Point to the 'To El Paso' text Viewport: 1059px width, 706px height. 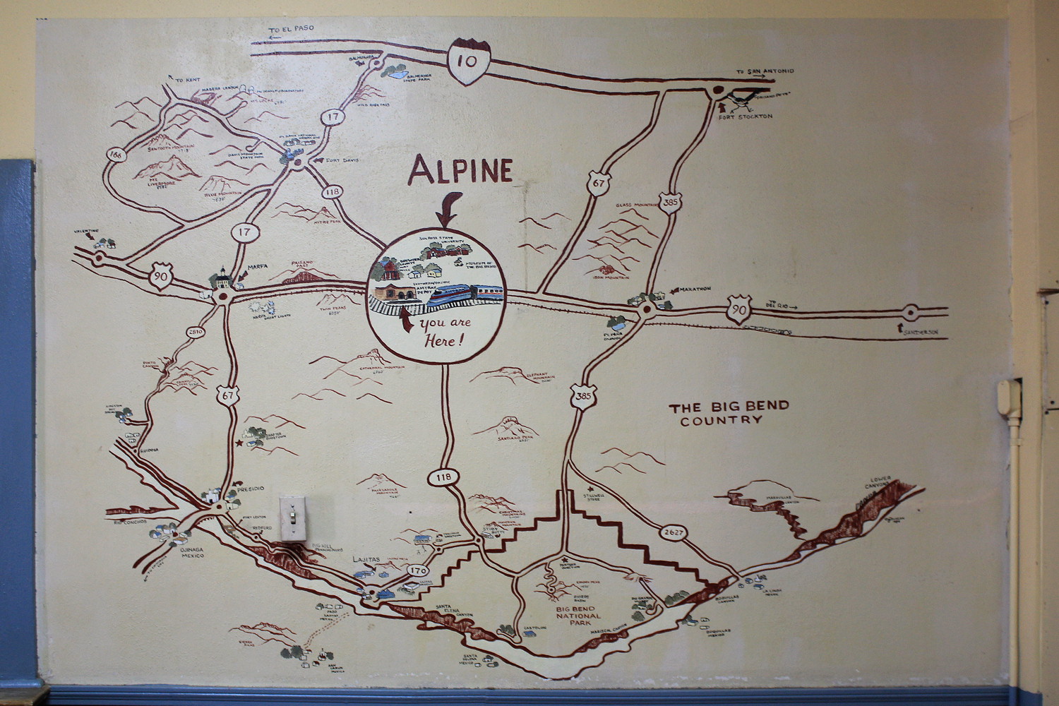289,30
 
